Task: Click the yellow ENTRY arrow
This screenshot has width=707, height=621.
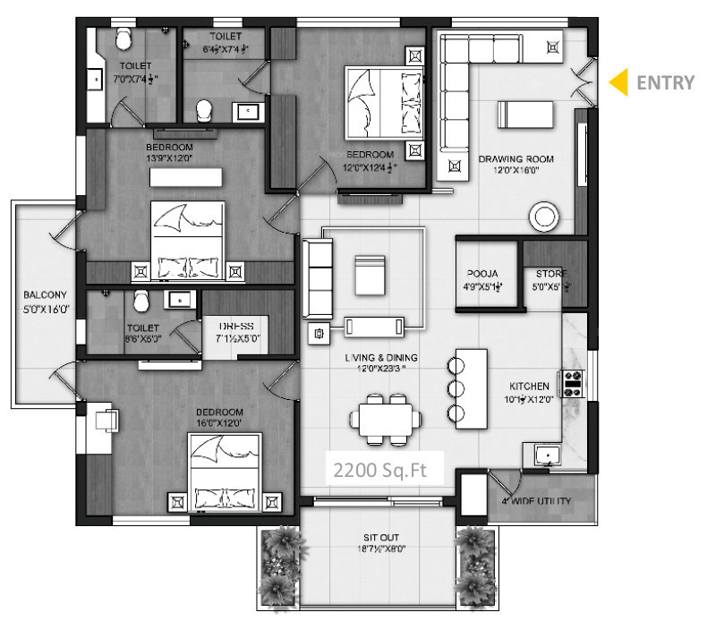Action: point(618,82)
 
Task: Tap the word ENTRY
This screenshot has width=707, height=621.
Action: point(664,83)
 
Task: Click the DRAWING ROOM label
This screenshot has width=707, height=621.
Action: point(515,159)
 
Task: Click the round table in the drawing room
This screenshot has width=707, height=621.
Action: point(545,216)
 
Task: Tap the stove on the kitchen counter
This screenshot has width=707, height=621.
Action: point(571,384)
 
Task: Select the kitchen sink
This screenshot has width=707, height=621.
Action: point(547,455)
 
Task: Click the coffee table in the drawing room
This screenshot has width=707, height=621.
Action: point(527,114)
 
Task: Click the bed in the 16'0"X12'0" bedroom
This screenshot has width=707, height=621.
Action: point(226,474)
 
